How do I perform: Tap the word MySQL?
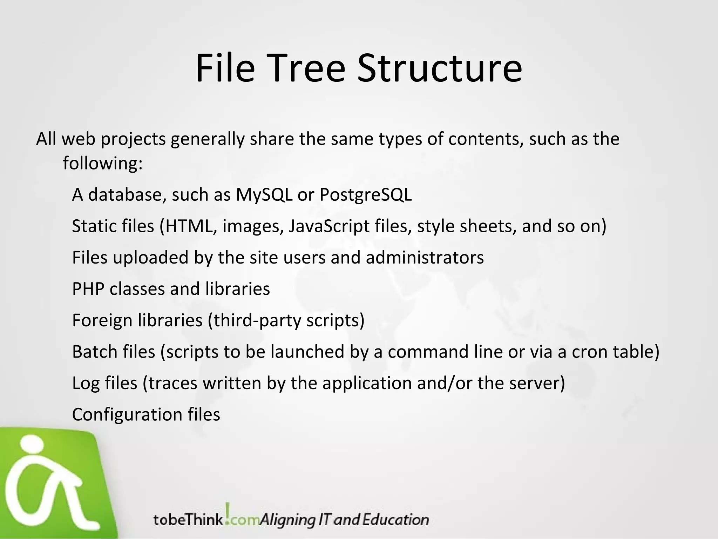[264, 194]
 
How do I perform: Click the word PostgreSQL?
[366, 195]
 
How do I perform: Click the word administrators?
[425, 258]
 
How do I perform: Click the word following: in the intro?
[103, 163]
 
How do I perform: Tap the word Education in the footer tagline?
[395, 520]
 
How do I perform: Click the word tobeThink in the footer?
[188, 520]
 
